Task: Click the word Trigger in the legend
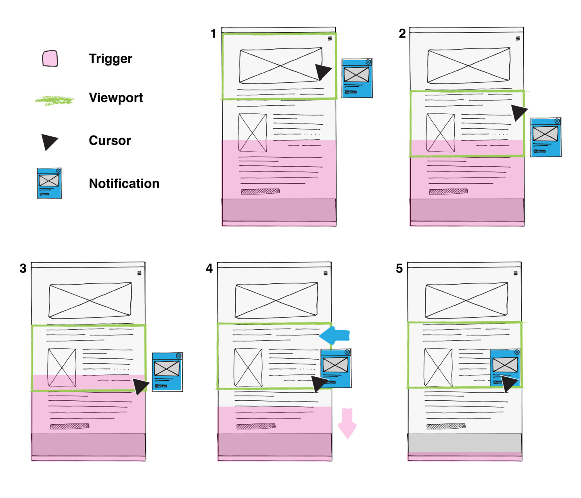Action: pyautogui.click(x=110, y=59)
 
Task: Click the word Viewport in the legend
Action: pyautogui.click(x=116, y=98)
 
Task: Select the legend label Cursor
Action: pyautogui.click(x=110, y=140)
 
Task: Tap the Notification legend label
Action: pyautogui.click(x=124, y=184)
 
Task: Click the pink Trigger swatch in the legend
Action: pyautogui.click(x=50, y=59)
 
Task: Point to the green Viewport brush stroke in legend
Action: pyautogui.click(x=54, y=100)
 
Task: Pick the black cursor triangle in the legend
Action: pyautogui.click(x=49, y=142)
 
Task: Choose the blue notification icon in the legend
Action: pyautogui.click(x=49, y=184)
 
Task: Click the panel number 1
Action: pyautogui.click(x=213, y=33)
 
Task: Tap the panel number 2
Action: pyautogui.click(x=402, y=33)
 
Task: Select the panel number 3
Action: pyautogui.click(x=23, y=268)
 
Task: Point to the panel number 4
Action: pyautogui.click(x=209, y=268)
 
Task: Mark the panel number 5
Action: pyautogui.click(x=399, y=268)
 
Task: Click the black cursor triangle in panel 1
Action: pyautogui.click(x=322, y=71)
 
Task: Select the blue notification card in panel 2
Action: pyautogui.click(x=545, y=137)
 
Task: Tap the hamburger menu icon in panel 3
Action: pyautogui.click(x=139, y=273)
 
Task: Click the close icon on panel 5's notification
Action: pyautogui.click(x=517, y=352)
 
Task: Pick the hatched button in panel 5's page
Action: pyautogui.click(x=446, y=426)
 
